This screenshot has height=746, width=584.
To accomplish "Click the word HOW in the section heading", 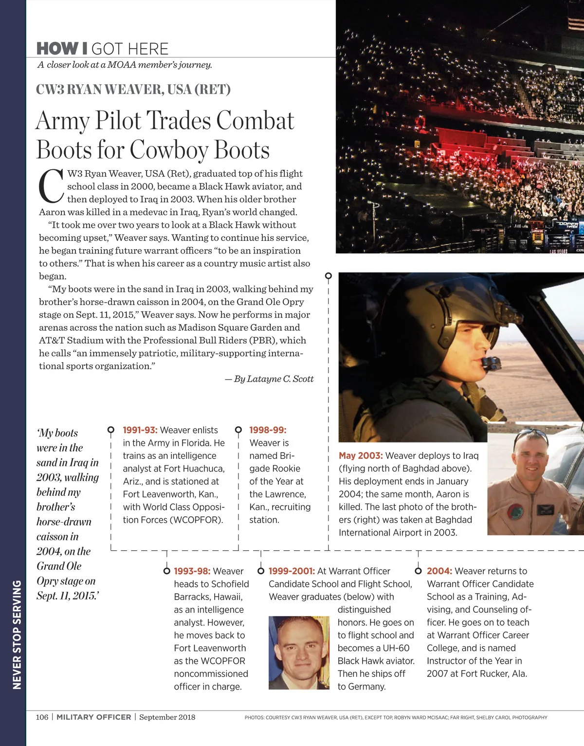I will click(x=57, y=49).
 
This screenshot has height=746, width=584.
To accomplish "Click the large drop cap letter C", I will click(x=50, y=186).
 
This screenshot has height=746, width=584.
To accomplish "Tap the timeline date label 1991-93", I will click(x=140, y=430).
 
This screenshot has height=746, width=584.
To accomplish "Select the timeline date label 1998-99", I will click(x=268, y=430).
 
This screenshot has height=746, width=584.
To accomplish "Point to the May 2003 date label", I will click(x=361, y=456).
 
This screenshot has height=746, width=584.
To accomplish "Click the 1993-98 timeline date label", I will click(x=192, y=571).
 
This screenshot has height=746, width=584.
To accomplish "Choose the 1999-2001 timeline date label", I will click(x=292, y=571).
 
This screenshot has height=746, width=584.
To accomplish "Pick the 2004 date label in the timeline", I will click(x=439, y=571).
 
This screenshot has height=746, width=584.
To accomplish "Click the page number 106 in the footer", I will click(x=42, y=717).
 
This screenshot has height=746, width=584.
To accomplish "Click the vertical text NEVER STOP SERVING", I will click(x=17, y=635).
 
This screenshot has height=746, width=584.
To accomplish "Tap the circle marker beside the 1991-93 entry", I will click(x=111, y=430).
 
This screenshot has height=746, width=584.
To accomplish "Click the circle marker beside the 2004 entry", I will click(x=418, y=571).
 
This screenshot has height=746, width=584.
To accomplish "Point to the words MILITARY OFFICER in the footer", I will click(x=94, y=717).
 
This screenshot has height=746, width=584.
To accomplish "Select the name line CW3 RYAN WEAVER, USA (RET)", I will click(x=133, y=90).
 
